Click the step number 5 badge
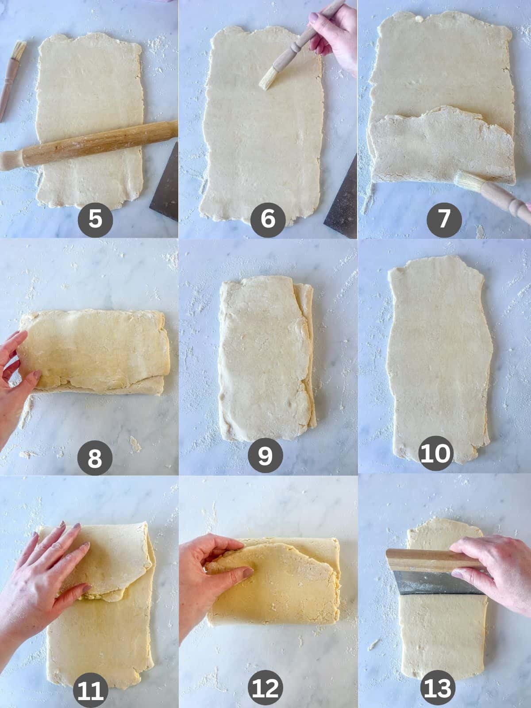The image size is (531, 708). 95,219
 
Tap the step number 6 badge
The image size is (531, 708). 267,219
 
